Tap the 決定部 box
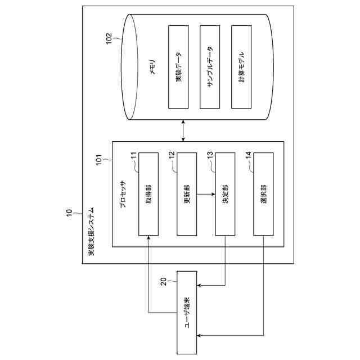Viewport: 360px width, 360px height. click(225, 194)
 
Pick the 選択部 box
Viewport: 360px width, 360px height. click(263, 194)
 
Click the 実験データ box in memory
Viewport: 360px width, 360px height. click(178, 67)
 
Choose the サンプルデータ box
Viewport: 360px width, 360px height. click(209, 67)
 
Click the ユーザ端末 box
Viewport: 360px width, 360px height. click(187, 312)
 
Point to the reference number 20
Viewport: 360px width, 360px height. click(164, 281)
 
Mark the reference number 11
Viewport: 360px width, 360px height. click(134, 157)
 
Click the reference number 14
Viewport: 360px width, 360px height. click(249, 157)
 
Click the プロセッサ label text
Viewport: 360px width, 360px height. click(122, 194)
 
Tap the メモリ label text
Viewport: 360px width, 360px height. click(152, 67)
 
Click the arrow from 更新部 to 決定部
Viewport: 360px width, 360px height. click(206, 194)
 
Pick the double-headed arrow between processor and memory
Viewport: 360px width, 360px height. click(184, 130)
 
